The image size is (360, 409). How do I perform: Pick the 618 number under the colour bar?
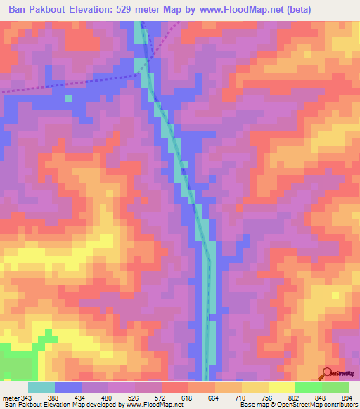pos(186,398)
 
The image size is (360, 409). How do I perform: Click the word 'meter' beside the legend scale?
pos(11,398)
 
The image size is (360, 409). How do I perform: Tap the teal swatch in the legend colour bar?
pos(41,387)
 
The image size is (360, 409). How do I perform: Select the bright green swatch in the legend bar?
pos(308,387)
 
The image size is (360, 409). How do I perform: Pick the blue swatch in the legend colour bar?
pos(68,387)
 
